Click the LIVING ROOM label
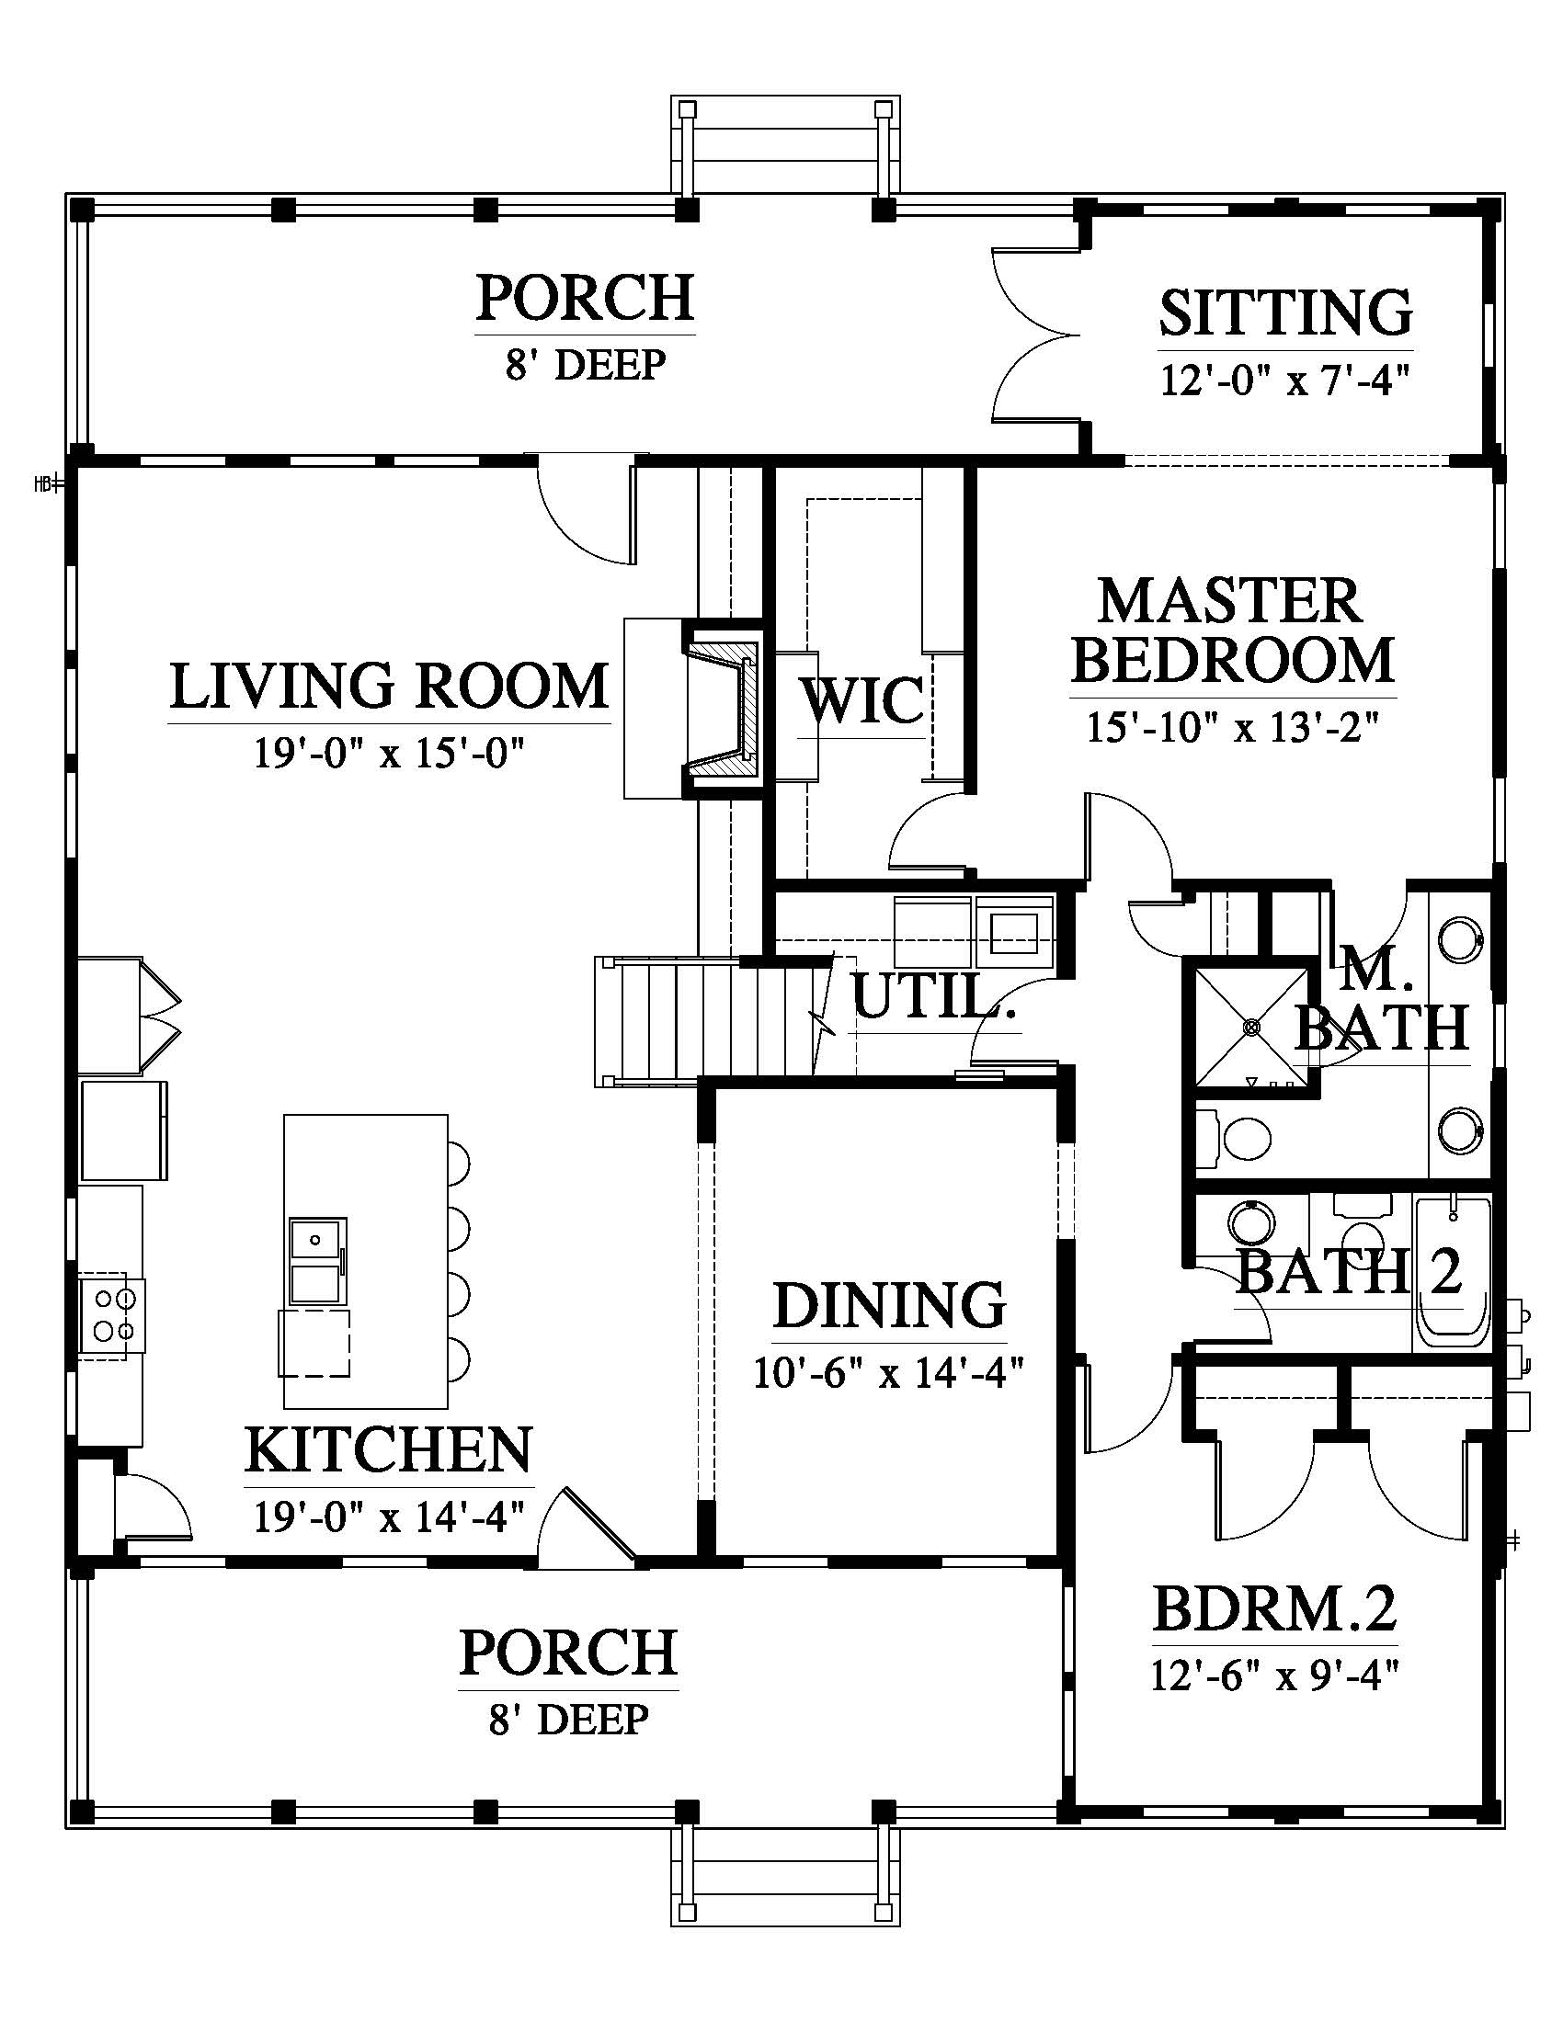coord(389,686)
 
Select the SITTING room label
coord(1285,312)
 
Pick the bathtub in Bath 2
coord(1451,1272)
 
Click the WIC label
coord(862,700)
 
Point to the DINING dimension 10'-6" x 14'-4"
coord(888,1373)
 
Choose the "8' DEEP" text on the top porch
coord(585,365)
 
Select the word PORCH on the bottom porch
coord(568,1653)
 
